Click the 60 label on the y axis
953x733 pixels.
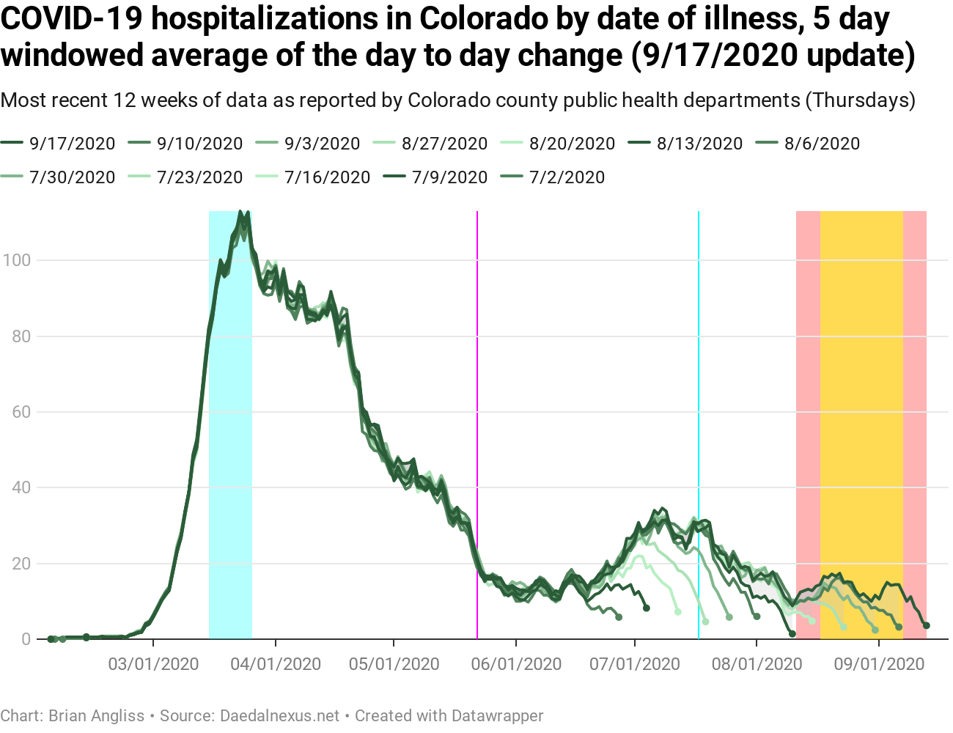pos(21,412)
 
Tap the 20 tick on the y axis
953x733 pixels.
pos(21,564)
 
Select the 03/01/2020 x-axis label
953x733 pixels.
pos(153,664)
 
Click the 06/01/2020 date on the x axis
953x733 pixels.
pos(516,664)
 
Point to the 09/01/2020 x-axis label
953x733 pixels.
pos(879,664)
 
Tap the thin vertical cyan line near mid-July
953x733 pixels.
pos(698,366)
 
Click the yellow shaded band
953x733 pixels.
pos(861,366)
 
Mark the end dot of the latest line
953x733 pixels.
pos(927,625)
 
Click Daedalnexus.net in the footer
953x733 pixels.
pos(279,715)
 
